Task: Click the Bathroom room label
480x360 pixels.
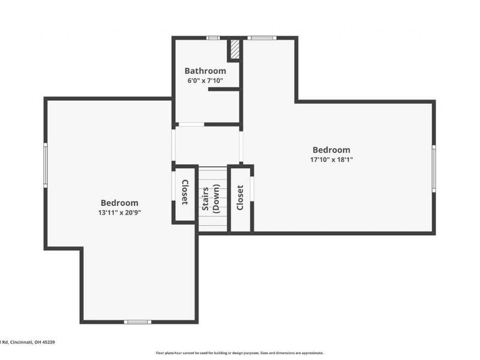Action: (x=205, y=71)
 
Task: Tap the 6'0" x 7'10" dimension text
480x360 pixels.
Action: (x=205, y=80)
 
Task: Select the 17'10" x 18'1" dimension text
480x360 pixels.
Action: (x=331, y=160)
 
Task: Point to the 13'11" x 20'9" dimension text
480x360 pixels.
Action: (x=119, y=212)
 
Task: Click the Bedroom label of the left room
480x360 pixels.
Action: (x=119, y=203)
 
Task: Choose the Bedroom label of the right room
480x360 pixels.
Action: (x=331, y=150)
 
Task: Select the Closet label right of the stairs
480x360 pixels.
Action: (x=240, y=197)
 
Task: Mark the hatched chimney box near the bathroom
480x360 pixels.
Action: (x=235, y=50)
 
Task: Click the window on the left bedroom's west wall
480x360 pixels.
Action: (x=45, y=165)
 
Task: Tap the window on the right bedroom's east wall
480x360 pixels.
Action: (x=434, y=169)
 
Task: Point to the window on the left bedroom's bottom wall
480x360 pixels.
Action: (x=137, y=322)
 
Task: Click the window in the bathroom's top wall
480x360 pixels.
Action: (x=212, y=38)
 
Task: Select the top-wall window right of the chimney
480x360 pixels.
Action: (x=262, y=38)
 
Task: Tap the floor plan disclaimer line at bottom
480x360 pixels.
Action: (x=240, y=353)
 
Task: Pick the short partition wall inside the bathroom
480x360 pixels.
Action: (x=223, y=89)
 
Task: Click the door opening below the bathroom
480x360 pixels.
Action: (x=191, y=124)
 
